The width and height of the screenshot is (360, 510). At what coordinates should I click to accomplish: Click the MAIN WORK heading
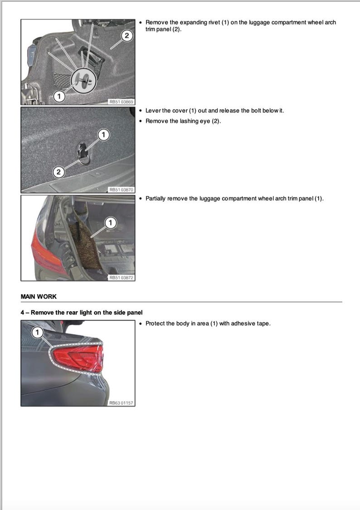pyautogui.click(x=39, y=296)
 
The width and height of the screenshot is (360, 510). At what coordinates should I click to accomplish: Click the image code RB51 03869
pyautogui.click(x=121, y=102)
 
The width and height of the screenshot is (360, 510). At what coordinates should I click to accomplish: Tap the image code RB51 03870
pyautogui.click(x=121, y=190)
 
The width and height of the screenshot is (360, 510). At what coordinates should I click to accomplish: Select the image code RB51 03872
pyautogui.click(x=121, y=278)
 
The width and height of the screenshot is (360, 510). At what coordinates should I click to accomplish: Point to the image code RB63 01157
pyautogui.click(x=121, y=403)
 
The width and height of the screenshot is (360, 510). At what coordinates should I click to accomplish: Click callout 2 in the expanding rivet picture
pyautogui.click(x=127, y=35)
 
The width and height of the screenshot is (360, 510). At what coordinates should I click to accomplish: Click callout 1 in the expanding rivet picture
pyautogui.click(x=58, y=96)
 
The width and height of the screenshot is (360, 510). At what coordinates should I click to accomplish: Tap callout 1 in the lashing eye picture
pyautogui.click(x=103, y=134)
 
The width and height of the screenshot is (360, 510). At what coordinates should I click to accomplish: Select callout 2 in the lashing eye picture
pyautogui.click(x=58, y=172)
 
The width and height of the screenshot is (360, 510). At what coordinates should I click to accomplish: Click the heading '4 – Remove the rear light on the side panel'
pyautogui.click(x=82, y=312)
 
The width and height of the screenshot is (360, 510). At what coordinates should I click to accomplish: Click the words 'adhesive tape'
pyautogui.click(x=251, y=324)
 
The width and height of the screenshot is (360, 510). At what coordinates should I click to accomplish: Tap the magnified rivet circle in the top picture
pyautogui.click(x=84, y=81)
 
